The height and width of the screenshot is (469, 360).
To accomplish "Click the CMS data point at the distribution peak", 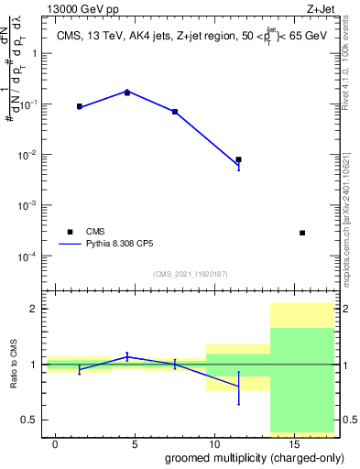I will (x=127, y=93).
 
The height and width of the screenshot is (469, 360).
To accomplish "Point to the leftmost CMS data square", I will (x=80, y=106).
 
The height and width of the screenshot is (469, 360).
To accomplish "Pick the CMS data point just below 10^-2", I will (x=239, y=159).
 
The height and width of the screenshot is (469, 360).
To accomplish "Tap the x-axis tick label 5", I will (x=136, y=444).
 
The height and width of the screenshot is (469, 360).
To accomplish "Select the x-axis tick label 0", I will (x=56, y=444).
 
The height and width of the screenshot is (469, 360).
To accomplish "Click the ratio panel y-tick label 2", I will (x=34, y=310).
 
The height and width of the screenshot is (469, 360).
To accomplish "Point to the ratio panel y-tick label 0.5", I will (x=29, y=420).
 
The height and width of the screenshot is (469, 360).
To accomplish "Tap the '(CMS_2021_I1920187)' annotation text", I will (x=191, y=273).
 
